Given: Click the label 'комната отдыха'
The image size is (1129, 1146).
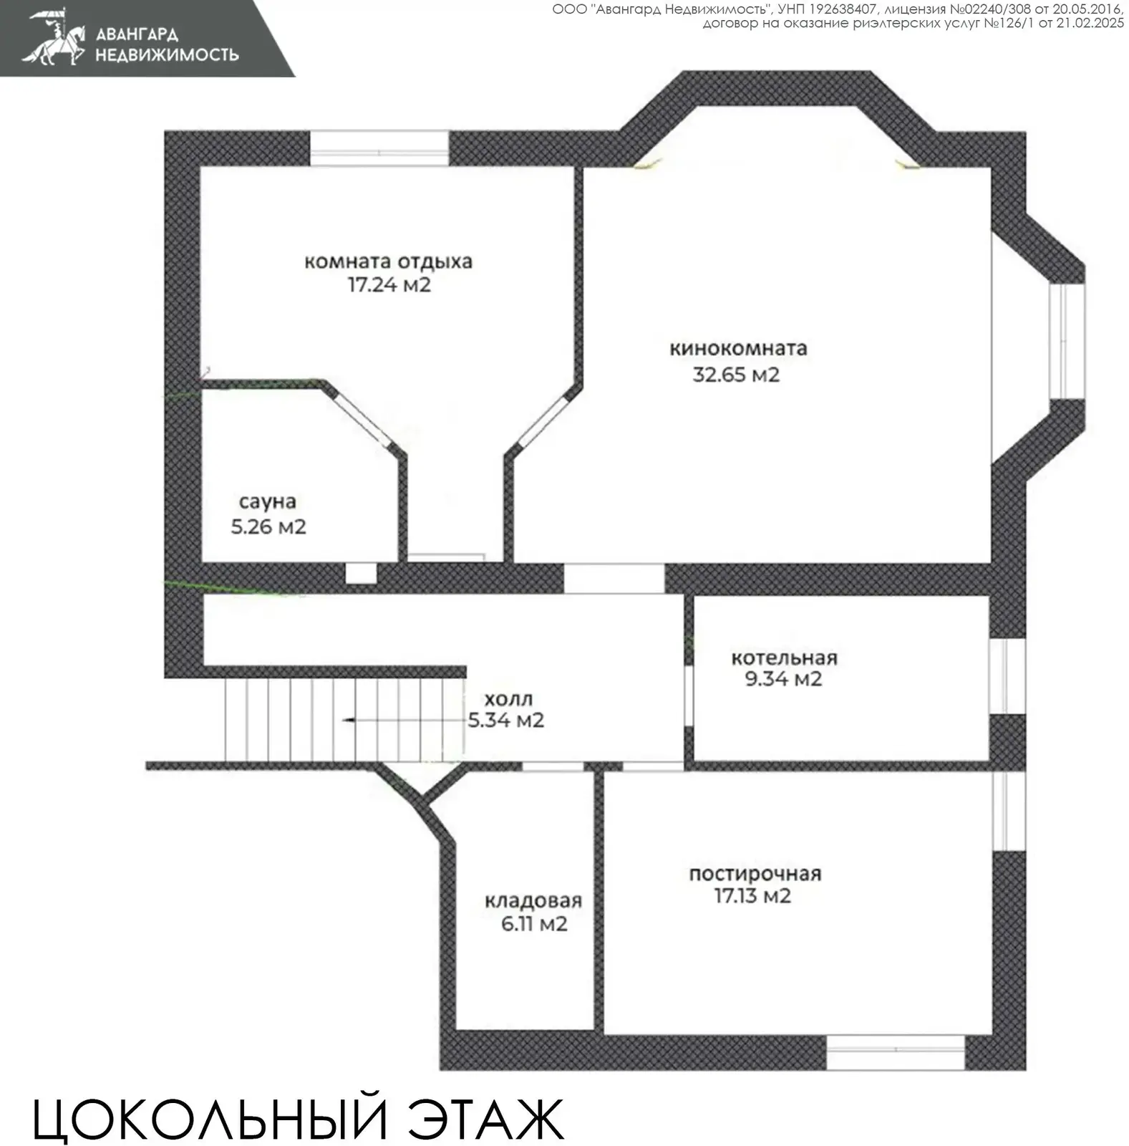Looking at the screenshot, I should (x=388, y=261).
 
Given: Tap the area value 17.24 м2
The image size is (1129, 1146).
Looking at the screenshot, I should (x=389, y=285).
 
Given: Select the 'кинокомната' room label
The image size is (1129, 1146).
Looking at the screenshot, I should (x=738, y=349).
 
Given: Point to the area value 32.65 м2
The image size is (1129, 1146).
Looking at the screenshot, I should (x=735, y=375).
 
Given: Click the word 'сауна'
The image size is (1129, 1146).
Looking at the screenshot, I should (x=267, y=502).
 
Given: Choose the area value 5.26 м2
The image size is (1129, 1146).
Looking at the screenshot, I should (x=268, y=527).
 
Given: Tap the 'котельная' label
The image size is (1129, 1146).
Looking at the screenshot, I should (x=784, y=658).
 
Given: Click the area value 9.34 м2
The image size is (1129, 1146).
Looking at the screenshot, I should (x=783, y=679).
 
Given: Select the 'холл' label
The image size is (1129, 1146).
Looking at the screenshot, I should (x=508, y=699).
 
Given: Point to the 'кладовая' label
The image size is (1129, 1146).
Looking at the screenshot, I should (x=533, y=901).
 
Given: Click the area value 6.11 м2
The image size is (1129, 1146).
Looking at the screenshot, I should (x=534, y=924).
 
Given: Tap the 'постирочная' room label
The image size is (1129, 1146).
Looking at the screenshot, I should (x=755, y=874).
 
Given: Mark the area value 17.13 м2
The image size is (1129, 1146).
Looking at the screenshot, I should (x=752, y=896).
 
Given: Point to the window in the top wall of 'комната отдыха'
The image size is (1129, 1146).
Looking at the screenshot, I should (x=379, y=149).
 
